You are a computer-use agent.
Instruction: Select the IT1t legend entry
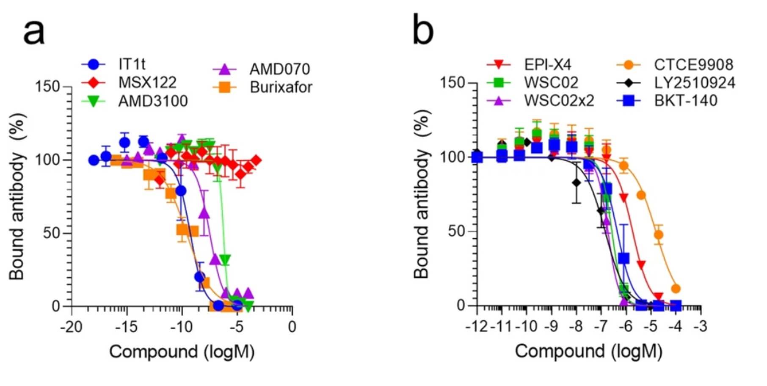coord(132,64)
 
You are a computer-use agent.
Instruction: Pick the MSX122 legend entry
coord(147,83)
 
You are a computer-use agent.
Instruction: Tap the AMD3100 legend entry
coord(153,101)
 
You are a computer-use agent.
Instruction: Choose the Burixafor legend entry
coord(281,87)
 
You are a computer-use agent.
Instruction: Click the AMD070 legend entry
coord(279,69)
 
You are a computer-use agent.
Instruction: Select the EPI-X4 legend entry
coord(548,65)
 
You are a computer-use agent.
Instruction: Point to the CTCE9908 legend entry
coord(693,65)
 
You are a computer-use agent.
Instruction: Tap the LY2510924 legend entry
coord(695,83)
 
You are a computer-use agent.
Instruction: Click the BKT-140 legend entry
coord(686,101)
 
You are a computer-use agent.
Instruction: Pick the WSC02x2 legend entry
coord(559,101)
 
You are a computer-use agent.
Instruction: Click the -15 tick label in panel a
coord(126,327)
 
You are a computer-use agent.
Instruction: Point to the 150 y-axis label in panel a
coord(47,87)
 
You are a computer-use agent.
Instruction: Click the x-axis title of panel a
coord(182,352)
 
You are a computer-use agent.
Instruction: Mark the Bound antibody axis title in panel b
coord(422,195)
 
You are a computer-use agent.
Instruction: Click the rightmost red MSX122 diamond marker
coord(256,160)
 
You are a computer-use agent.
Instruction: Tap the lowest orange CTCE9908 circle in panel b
coord(676,289)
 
